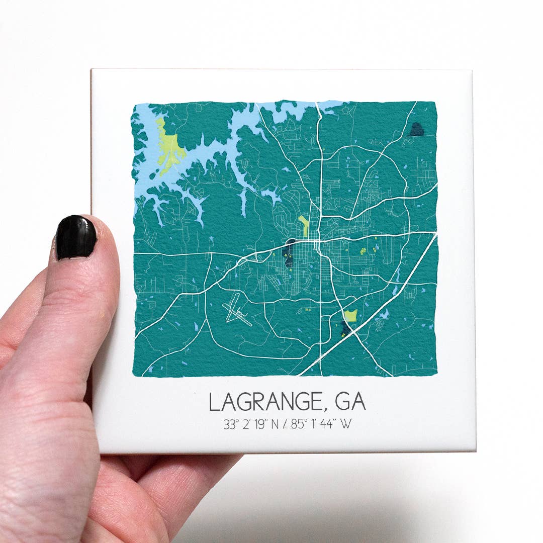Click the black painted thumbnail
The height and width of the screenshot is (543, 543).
point(76,238)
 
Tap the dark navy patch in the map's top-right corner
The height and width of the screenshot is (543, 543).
point(416,130)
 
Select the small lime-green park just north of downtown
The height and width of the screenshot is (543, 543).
point(303,225)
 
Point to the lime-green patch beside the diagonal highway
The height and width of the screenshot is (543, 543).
point(351,316)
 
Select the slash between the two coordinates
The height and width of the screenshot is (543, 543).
point(285,424)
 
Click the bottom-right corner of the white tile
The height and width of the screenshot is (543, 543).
point(475,451)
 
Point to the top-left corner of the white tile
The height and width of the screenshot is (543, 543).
point(92,70)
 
